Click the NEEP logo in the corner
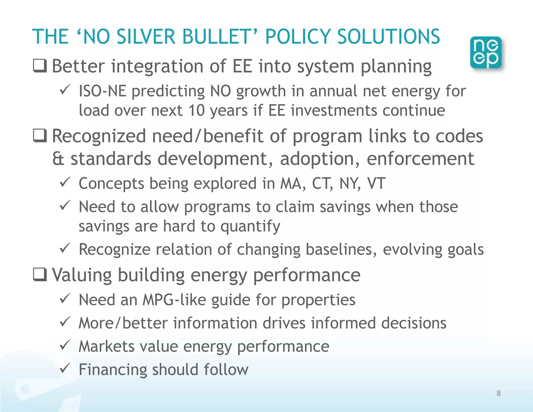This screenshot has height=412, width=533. (486, 53)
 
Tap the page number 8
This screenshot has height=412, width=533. (498, 393)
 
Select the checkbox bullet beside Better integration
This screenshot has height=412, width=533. (40, 66)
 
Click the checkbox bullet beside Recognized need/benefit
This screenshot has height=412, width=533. (40, 136)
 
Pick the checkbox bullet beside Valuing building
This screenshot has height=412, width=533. (40, 275)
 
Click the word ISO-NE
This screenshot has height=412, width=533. (103, 91)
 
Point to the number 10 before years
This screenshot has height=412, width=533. (196, 110)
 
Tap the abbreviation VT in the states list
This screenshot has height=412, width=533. (376, 184)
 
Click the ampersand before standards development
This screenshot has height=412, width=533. (58, 159)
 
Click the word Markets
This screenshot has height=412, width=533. (106, 346)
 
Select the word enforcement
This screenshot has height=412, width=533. (420, 159)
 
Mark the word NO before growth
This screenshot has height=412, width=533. (220, 91)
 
